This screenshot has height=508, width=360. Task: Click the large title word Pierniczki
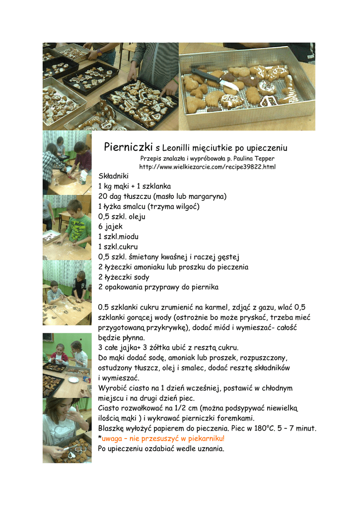pos(128,147)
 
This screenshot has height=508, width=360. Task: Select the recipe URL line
pos(207,167)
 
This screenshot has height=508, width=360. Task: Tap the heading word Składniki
pos(114,176)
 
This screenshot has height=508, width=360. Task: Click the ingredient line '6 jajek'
pos(110,227)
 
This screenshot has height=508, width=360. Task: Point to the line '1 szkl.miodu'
pos(118,237)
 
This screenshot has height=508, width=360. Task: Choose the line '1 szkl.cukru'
pos(118,247)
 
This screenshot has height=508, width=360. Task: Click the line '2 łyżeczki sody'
pos(124,277)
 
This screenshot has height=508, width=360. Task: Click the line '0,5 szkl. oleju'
pos(122,217)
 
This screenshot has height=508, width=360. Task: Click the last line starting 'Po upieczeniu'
pos(161,449)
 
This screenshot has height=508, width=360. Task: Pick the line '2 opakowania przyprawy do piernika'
pos(158,287)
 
